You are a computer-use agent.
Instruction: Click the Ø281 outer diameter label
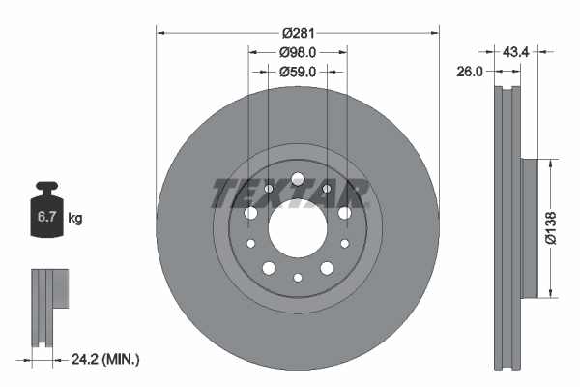298,33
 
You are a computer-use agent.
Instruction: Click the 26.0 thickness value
471,71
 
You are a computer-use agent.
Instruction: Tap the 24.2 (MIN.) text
106,359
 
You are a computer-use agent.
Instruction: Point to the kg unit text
74,219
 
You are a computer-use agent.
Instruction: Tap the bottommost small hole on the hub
298,278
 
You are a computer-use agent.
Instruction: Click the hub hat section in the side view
529,228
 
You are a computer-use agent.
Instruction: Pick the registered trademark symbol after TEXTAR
366,181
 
